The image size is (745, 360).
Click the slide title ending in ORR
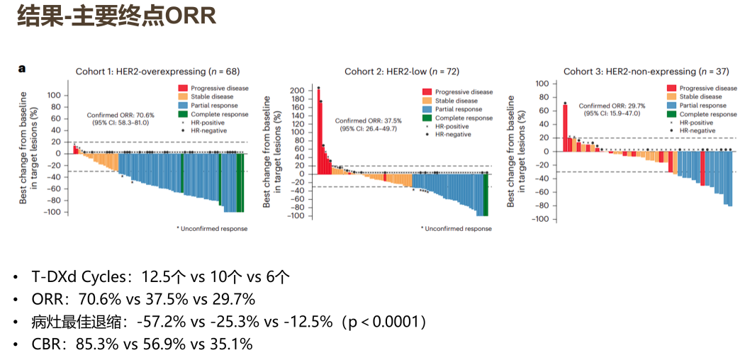[116, 17]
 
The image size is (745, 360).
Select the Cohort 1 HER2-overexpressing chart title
[157, 72]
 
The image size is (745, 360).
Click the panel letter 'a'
[22, 69]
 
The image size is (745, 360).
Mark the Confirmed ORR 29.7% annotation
[612, 109]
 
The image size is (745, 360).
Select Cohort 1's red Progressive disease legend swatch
[183, 88]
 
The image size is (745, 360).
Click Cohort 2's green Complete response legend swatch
[427, 118]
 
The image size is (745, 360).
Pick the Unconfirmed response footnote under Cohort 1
[212, 229]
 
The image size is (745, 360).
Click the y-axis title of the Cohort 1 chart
[28, 148]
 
